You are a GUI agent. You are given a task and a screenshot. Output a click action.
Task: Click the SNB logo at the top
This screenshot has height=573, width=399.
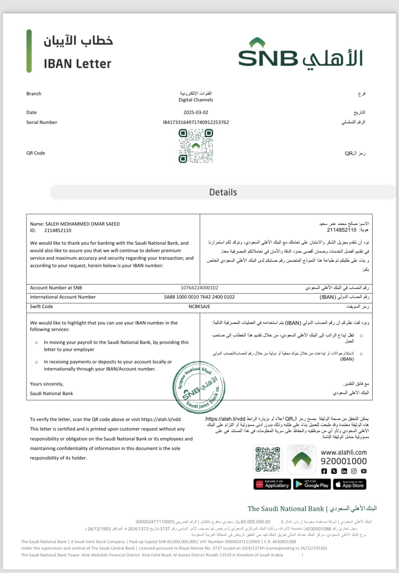(x=300, y=55)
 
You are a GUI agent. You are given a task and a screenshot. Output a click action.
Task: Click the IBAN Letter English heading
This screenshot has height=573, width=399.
(x=77, y=64)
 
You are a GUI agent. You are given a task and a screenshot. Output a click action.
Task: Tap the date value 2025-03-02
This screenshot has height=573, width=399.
(x=196, y=113)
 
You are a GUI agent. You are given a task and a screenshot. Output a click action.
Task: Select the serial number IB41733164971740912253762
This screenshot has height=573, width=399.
(x=196, y=122)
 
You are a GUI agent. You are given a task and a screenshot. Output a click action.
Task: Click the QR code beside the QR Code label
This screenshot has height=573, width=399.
(x=196, y=146)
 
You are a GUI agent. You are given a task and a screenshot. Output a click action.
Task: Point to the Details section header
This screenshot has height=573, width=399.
(x=223, y=192)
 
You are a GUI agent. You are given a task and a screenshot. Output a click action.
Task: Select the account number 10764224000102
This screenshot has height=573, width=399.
(x=199, y=288)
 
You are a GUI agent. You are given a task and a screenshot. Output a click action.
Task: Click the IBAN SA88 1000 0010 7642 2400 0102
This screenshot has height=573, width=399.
(x=199, y=297)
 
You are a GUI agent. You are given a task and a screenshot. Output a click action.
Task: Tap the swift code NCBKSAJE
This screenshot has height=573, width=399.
(x=199, y=307)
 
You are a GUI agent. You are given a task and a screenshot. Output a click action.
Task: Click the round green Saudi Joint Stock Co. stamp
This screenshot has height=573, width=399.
(x=199, y=387)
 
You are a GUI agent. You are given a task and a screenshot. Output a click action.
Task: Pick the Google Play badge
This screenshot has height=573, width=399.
(x=312, y=484)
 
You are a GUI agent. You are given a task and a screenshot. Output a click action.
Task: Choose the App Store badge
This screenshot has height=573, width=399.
(x=349, y=484)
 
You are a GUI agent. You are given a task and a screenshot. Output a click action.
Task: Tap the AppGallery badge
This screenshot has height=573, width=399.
(x=272, y=484)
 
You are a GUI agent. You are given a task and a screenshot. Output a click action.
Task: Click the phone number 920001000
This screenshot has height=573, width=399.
(x=344, y=461)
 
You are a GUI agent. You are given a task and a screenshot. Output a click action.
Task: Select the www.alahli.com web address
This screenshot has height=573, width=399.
(x=344, y=453)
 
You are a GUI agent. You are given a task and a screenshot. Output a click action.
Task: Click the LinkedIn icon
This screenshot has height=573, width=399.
(x=344, y=471)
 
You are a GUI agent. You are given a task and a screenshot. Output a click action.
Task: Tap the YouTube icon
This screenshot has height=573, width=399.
(x=364, y=471)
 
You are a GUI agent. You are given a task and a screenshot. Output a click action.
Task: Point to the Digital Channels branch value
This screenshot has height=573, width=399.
(x=196, y=100)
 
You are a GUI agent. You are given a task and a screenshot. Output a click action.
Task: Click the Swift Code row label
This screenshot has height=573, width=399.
(x=42, y=307)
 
